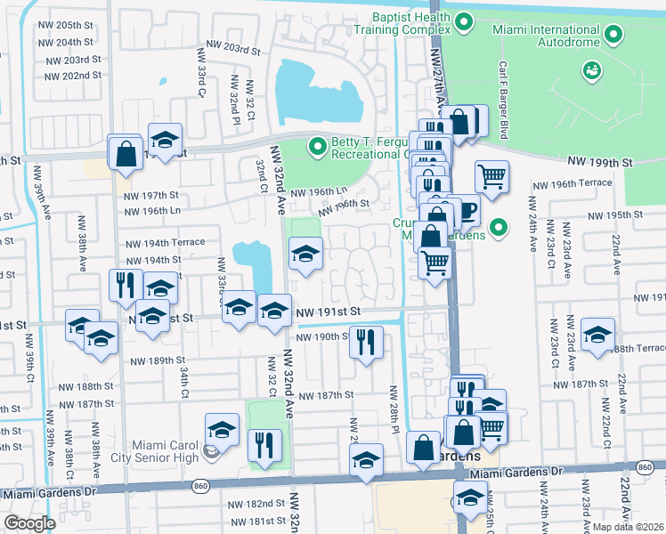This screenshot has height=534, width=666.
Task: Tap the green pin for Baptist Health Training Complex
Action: click(x=463, y=22)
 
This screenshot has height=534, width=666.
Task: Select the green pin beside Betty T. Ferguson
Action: click(x=315, y=146)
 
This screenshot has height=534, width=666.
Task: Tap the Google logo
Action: click(x=29, y=523)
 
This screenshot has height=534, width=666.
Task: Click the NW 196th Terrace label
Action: click(x=573, y=183)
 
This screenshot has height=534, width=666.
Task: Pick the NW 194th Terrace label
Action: click(x=165, y=242)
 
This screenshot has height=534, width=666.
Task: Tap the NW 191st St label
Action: click(x=328, y=311)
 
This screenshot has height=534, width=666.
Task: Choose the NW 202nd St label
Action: click(x=70, y=76)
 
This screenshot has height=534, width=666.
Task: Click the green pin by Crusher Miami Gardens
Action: click(x=498, y=228)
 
